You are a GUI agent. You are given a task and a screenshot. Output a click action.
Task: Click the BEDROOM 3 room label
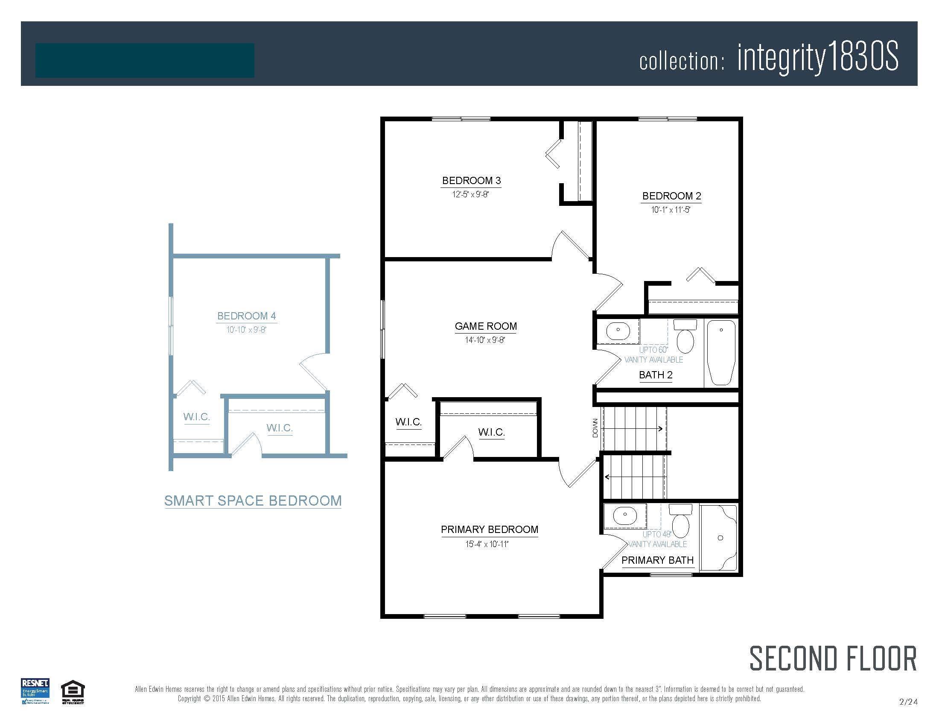click(x=471, y=181)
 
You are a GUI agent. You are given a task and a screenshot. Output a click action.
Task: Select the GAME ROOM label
click(x=486, y=326)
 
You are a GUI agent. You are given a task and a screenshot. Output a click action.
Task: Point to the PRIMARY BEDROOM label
click(x=489, y=530)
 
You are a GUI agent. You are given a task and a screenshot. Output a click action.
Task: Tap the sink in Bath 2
click(x=618, y=330)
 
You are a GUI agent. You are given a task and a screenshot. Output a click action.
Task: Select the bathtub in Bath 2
click(x=721, y=352)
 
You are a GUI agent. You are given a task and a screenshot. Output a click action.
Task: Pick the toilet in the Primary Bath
click(x=680, y=521)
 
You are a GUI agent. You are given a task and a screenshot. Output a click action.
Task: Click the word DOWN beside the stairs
click(x=595, y=428)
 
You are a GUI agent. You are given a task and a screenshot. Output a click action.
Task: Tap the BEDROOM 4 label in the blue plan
click(x=246, y=316)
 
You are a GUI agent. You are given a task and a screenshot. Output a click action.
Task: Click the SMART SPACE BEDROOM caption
click(x=253, y=501)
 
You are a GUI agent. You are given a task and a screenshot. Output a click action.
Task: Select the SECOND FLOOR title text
click(x=833, y=659)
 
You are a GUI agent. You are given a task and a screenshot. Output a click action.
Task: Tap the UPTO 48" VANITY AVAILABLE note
click(x=657, y=539)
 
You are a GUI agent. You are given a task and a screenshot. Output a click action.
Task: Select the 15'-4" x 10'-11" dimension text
click(x=487, y=544)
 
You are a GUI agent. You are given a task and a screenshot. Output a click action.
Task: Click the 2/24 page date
click(x=908, y=702)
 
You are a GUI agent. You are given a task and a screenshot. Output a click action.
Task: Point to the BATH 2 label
click(x=655, y=375)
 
